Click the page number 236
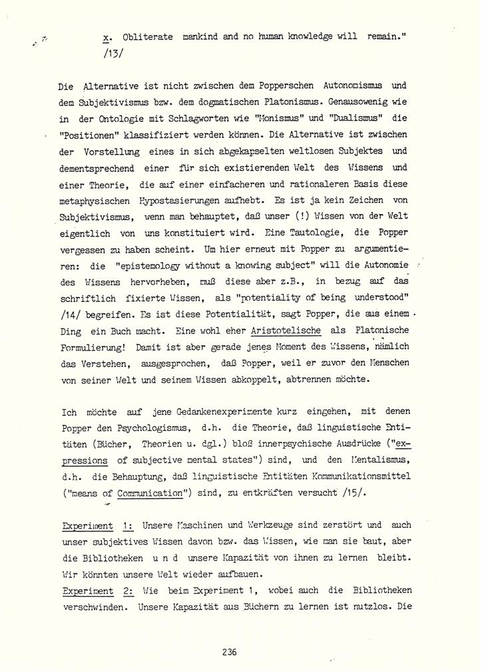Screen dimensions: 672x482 [230, 652]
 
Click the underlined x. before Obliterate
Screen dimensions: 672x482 [99, 38]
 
